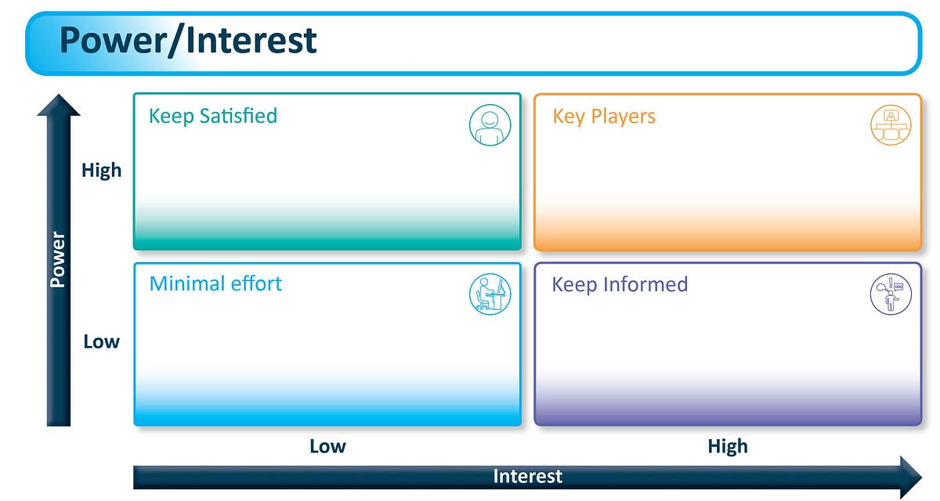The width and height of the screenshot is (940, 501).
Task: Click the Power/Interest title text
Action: [188, 40]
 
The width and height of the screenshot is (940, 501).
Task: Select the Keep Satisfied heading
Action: [213, 116]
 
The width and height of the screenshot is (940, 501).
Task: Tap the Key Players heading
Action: [604, 117]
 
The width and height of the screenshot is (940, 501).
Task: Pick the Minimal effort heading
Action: [215, 283]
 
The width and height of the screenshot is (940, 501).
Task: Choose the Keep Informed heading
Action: [620, 284]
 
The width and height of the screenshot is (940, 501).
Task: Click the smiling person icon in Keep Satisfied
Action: [490, 125]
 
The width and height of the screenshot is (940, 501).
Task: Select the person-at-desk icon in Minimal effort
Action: [490, 295]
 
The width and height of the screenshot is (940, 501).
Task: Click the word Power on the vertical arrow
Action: [58, 259]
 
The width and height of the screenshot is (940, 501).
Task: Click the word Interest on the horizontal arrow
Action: [527, 476]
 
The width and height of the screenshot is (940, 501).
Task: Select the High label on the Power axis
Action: [102, 170]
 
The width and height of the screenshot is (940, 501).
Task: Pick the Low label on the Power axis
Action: [102, 342]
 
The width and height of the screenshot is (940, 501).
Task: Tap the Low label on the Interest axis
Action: [327, 446]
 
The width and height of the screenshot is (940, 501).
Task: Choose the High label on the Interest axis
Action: [728, 446]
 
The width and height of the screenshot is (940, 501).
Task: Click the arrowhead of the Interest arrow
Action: [910, 476]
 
